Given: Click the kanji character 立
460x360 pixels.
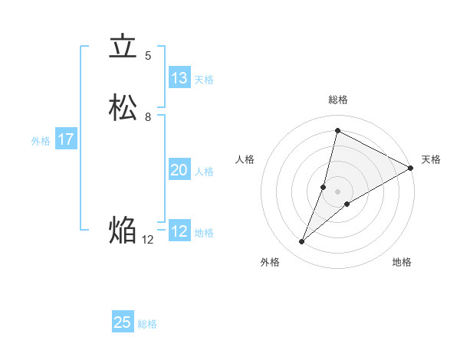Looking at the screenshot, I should (x=123, y=47).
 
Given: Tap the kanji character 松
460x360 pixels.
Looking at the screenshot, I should (x=123, y=108).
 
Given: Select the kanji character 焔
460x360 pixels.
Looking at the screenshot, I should (x=123, y=229).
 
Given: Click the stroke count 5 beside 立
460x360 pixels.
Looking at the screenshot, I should (x=148, y=56).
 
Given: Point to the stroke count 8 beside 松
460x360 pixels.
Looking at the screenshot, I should (x=148, y=117).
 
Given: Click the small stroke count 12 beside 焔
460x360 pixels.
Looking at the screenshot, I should (x=148, y=239).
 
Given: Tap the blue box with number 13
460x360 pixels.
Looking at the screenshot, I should (x=179, y=77).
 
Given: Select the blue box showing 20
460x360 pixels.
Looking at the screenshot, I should (x=179, y=170).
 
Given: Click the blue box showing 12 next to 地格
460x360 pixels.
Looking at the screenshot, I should (x=179, y=231).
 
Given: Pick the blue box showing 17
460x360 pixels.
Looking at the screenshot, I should (x=66, y=139).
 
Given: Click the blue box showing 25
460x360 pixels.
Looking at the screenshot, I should (x=123, y=322).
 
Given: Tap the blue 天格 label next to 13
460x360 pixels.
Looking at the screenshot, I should (x=204, y=79).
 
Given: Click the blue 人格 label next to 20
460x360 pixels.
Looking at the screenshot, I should (x=204, y=172).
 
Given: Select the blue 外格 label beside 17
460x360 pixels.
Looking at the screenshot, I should (x=41, y=141).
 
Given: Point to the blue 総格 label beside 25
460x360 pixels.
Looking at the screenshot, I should (x=147, y=324).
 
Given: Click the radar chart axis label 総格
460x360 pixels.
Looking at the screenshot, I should (x=338, y=100).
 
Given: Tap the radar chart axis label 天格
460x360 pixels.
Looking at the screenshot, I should (x=431, y=159).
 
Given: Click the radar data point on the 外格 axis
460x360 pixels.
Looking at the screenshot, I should (x=302, y=242).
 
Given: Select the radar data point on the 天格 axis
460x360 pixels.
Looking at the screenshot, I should (x=411, y=168).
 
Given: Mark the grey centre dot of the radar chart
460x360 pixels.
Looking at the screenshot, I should (x=338, y=191).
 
